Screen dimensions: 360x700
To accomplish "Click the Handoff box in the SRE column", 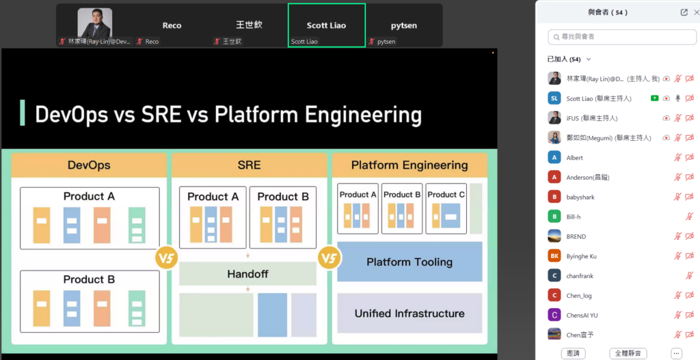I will [247, 274].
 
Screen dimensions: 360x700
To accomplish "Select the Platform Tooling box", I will [409, 262].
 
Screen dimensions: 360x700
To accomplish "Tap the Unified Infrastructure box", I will [409, 314].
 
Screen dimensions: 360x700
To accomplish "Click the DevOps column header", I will [89, 165].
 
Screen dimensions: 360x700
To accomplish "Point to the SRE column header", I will [249, 165].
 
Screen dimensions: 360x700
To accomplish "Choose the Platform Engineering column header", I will [409, 165].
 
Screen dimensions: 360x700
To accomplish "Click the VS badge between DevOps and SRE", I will [167, 259].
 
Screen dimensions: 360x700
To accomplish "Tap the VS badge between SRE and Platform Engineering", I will [329, 259].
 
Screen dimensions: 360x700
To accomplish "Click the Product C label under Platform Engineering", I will [446, 195].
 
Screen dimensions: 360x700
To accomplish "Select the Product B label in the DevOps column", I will [89, 279].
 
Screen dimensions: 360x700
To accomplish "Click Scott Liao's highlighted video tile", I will [326, 25].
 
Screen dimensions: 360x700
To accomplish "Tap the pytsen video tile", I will [404, 25].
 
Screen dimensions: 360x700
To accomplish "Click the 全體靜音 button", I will [628, 353].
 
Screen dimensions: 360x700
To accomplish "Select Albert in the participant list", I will [575, 158].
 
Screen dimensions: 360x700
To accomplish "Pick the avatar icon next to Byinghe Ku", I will [554, 256].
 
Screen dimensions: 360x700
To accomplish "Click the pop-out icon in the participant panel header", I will [684, 12].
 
